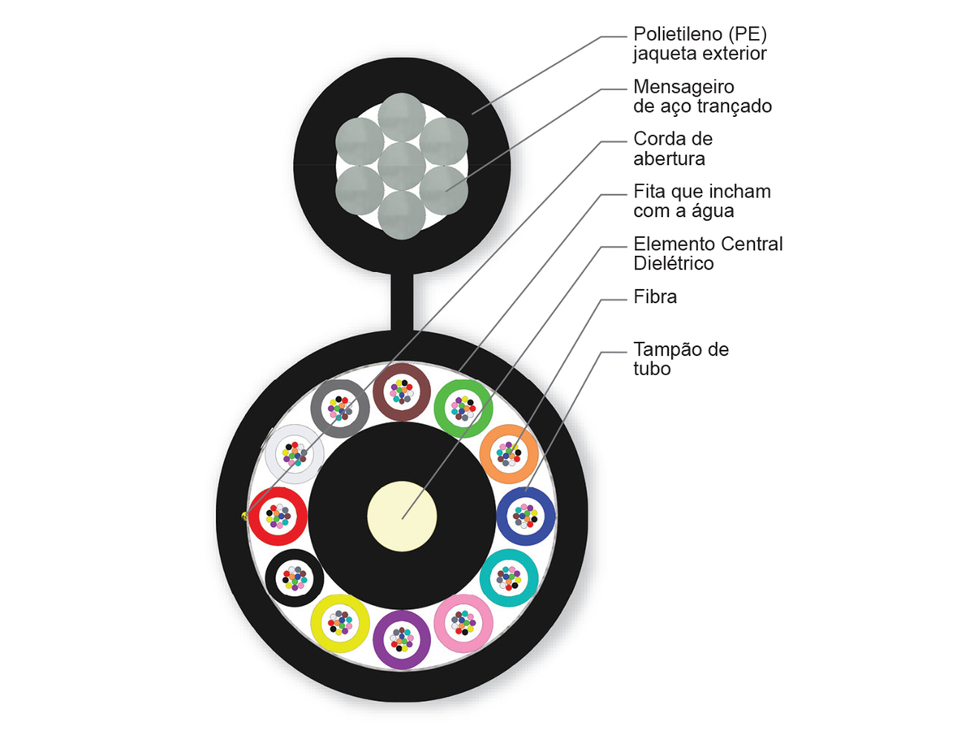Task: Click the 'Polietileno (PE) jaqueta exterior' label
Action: point(700,44)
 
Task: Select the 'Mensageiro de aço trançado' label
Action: point(702,97)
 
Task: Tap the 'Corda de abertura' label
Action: point(673,149)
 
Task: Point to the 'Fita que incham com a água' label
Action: point(701,201)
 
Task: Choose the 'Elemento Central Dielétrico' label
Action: point(708,253)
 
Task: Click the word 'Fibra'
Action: point(655,297)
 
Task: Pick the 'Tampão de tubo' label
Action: point(681,359)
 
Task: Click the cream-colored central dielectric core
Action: point(402,517)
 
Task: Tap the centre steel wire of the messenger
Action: point(402,166)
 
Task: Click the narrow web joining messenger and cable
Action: point(402,302)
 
